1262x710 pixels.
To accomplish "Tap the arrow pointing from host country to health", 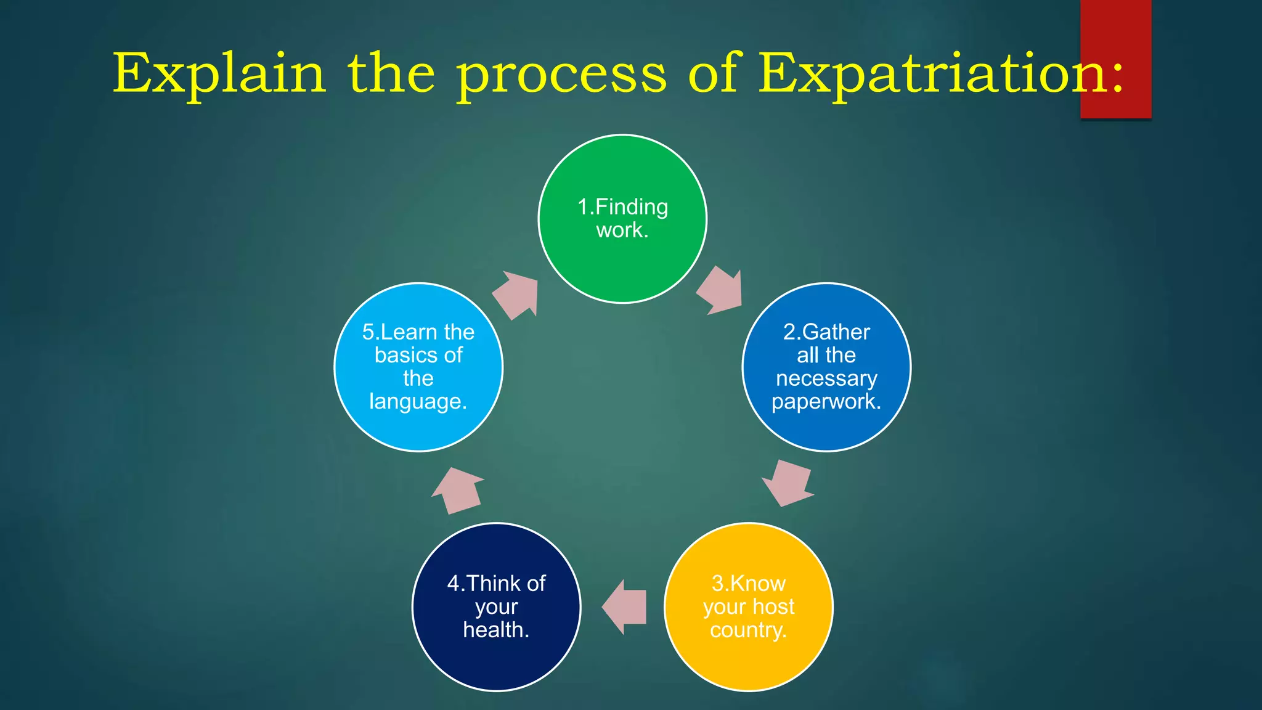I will click(624, 607).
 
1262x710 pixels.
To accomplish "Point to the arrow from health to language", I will click(457, 491).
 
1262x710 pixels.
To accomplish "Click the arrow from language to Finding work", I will click(516, 295).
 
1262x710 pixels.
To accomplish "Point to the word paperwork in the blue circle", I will click(826, 402).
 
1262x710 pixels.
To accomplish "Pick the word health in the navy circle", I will click(496, 630).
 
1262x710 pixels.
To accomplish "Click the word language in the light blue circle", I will click(418, 402).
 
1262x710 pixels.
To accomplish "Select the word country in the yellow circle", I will click(748, 630).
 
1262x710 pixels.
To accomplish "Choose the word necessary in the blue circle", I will click(826, 378).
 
